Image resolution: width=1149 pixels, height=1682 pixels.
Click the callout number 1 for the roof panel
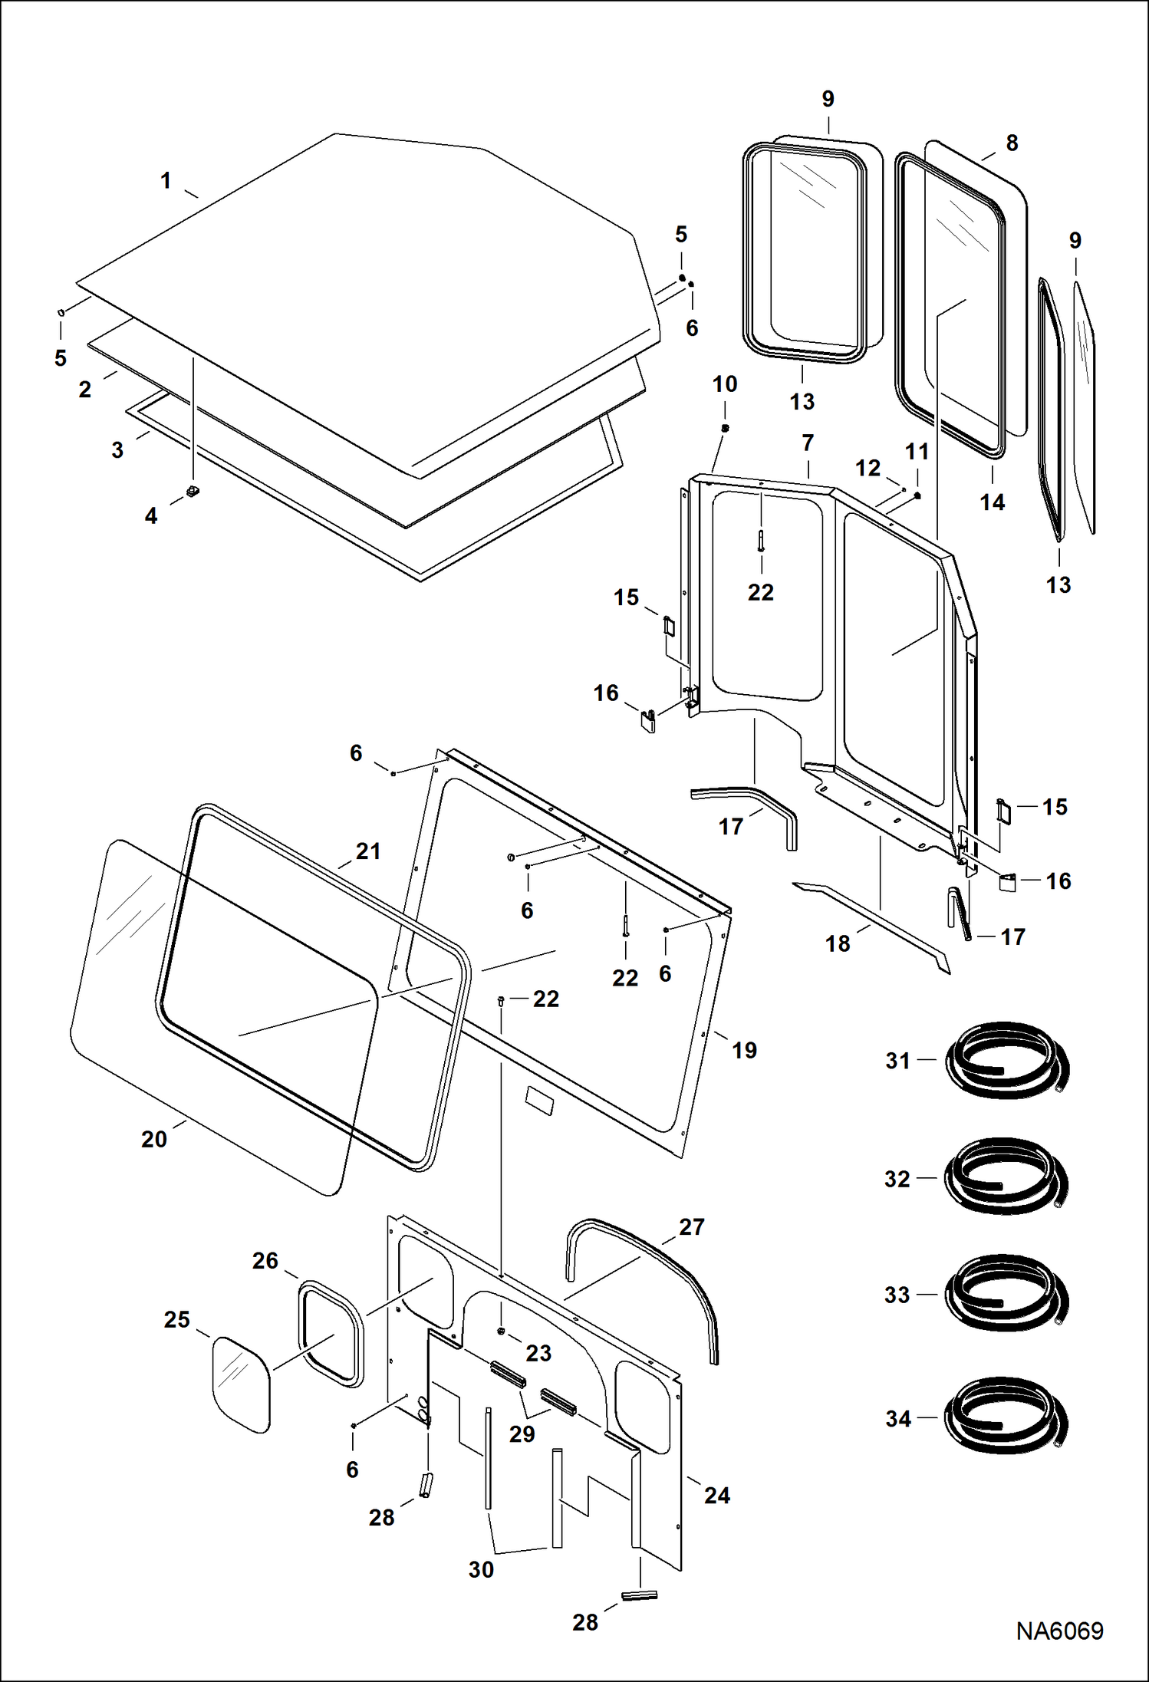(x=166, y=181)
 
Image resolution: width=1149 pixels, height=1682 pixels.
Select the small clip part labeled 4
(x=193, y=491)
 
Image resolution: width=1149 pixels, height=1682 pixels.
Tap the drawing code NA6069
(x=1059, y=1631)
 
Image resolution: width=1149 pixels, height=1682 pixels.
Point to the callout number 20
(x=153, y=1140)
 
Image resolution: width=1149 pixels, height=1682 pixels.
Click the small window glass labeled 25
(x=241, y=1384)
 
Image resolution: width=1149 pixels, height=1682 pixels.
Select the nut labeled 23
(x=501, y=1331)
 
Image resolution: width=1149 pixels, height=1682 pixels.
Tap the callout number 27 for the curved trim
(x=691, y=1227)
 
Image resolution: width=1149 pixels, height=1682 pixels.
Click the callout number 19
(x=744, y=1050)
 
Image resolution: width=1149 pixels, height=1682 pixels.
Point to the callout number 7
(x=808, y=443)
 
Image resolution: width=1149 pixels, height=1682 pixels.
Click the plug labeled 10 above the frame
(x=726, y=428)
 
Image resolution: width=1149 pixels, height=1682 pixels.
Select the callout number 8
(x=1012, y=143)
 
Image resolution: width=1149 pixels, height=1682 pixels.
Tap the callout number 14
(x=992, y=502)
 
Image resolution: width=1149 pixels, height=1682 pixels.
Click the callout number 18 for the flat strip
(x=838, y=943)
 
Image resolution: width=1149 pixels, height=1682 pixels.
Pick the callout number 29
(x=522, y=1434)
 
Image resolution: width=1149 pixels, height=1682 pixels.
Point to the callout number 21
(x=368, y=851)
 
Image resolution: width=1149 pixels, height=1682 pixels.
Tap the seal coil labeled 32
(x=1006, y=1178)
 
